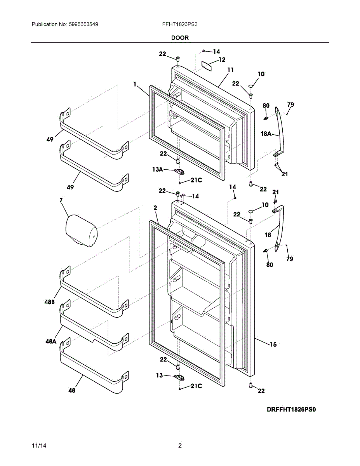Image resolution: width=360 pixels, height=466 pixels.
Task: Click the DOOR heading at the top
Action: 179,38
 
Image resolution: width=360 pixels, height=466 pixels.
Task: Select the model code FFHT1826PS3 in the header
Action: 180,24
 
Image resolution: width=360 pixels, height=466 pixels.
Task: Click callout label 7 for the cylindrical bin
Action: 61,200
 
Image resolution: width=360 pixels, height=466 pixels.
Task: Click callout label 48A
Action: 51,341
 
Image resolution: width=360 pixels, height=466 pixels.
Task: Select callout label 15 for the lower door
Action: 273,344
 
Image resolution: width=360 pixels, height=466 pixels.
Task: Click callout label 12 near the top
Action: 221,59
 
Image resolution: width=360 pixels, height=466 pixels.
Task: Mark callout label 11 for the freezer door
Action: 230,70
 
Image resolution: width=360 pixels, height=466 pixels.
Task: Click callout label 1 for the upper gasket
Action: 134,84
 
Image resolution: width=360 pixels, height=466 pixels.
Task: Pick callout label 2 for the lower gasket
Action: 155,208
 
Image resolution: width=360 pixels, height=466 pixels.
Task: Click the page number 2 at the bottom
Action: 180,446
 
